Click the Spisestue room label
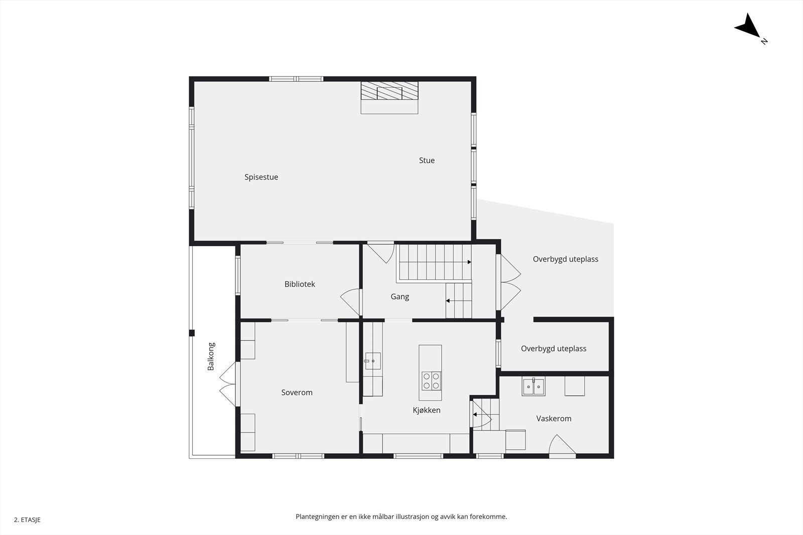coord(261,177)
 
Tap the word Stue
coord(427,160)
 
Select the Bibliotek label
coord(300,284)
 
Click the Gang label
coord(399,297)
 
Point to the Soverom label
coord(297,393)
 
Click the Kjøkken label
coord(427,410)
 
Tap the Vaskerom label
coord(554,419)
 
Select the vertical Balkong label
coord(211,356)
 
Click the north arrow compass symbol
coord(749,27)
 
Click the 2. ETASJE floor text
coord(27,520)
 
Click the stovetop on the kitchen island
coord(431,381)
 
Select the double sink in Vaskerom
coord(533,387)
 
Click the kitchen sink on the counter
coord(372,361)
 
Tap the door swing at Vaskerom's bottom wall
coord(561,447)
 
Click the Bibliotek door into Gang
coord(351,302)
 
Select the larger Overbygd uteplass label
coord(565,259)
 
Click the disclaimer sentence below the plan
coord(401,516)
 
